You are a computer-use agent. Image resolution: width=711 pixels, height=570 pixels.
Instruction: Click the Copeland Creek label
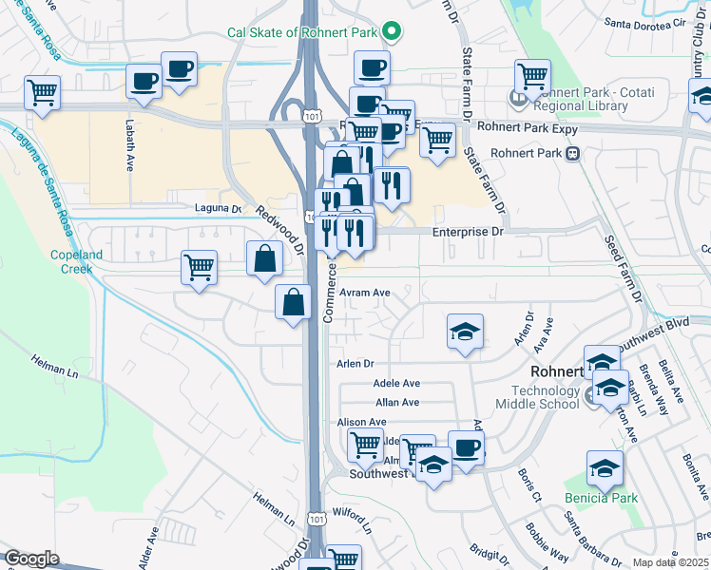click(72, 261)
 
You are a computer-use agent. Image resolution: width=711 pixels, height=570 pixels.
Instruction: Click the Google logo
click(31, 559)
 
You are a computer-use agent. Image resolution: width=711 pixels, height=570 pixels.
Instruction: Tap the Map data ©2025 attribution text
click(670, 562)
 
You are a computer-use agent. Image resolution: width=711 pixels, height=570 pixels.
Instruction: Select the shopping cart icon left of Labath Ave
click(43, 93)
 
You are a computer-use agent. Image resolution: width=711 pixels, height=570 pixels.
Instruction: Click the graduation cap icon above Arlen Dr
click(466, 332)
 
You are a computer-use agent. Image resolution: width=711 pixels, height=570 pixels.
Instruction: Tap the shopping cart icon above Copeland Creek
click(199, 268)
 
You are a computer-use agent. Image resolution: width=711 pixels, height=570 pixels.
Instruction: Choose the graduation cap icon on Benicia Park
click(605, 468)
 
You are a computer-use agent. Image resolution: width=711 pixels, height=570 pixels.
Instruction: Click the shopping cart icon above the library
click(532, 76)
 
